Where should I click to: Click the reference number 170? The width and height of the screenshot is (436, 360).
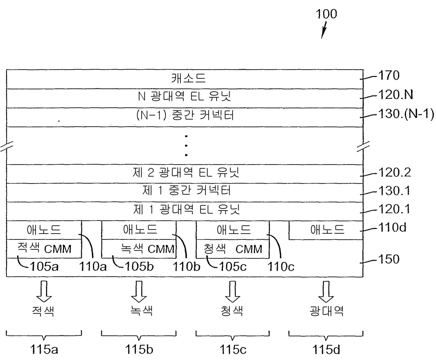[389, 76]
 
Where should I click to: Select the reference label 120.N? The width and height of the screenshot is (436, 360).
[396, 95]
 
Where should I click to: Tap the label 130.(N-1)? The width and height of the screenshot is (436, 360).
[406, 114]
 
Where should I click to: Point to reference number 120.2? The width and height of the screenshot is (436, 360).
[395, 173]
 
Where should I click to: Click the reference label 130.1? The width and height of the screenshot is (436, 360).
[394, 191]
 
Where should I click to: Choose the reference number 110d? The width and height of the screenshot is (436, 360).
[392, 227]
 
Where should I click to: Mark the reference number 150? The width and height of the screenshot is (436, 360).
[389, 259]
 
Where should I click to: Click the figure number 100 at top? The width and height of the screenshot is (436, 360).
[326, 14]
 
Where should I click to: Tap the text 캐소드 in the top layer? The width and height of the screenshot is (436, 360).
[188, 78]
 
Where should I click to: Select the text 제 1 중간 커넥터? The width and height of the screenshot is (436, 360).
[186, 191]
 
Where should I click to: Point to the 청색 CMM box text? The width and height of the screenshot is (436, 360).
[233, 249]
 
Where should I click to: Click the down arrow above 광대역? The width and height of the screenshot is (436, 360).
[326, 291]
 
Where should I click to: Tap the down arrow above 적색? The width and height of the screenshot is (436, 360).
[44, 291]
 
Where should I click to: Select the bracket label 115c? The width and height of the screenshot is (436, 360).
[233, 349]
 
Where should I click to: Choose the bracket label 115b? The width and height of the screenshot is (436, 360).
[139, 349]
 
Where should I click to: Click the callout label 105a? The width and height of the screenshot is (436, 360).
[44, 266]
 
